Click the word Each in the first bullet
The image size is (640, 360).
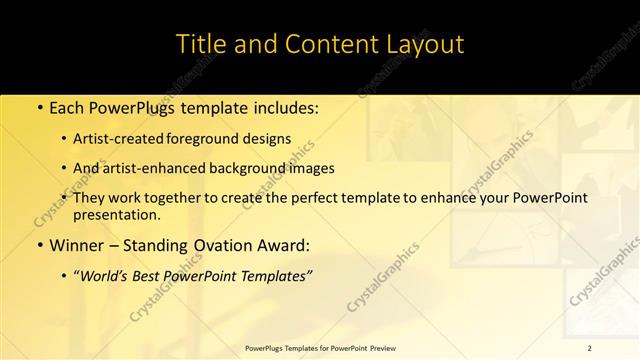[67, 107]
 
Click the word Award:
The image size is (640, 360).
[282, 245]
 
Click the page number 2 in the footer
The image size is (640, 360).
[590, 347]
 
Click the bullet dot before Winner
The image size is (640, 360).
[38, 245]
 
